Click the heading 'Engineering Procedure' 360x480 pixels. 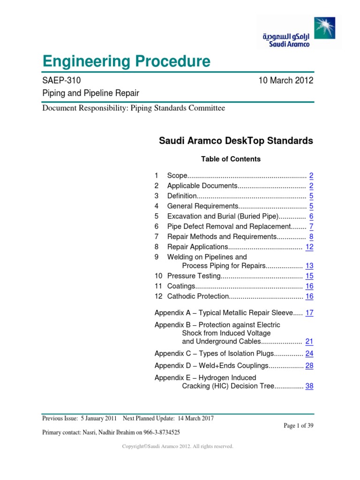click(x=126, y=61)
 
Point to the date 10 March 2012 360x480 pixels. click(x=286, y=81)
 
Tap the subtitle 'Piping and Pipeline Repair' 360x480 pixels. click(x=90, y=93)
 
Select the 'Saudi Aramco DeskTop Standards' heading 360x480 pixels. click(x=236, y=141)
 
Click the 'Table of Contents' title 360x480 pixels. click(x=231, y=159)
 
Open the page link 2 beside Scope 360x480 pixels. click(x=311, y=176)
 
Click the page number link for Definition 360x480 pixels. click(x=311, y=196)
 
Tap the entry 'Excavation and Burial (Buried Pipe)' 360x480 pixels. click(x=223, y=216)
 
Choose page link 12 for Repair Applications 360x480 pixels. click(x=309, y=247)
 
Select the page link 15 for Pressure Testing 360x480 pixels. click(x=309, y=276)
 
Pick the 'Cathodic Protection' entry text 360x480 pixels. click(x=197, y=296)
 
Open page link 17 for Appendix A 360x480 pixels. click(x=309, y=313)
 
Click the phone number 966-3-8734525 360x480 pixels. click(x=157, y=432)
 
